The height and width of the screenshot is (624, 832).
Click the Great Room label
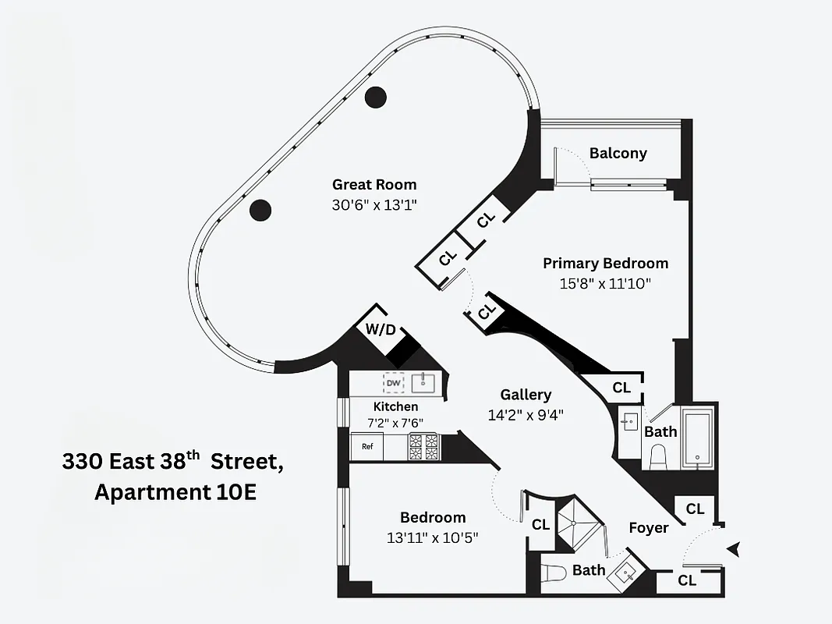click(x=374, y=185)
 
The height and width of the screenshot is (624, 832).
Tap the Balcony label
click(x=618, y=153)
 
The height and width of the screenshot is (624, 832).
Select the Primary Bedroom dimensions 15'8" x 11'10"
click(x=605, y=283)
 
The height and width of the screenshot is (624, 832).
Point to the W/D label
click(x=381, y=330)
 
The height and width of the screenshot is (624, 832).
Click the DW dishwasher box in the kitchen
click(x=394, y=383)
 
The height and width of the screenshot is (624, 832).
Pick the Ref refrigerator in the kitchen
click(x=367, y=448)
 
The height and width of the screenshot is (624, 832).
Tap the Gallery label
click(x=526, y=395)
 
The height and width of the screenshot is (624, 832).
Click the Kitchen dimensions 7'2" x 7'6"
click(x=395, y=422)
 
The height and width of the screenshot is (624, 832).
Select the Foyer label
click(x=649, y=528)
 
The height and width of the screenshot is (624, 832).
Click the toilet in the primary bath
click(x=657, y=456)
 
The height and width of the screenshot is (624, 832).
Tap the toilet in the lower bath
click(x=554, y=574)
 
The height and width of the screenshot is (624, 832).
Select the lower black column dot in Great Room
click(x=260, y=209)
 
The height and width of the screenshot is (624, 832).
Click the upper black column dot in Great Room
click(x=376, y=97)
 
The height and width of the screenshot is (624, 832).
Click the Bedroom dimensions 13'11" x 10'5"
click(x=432, y=537)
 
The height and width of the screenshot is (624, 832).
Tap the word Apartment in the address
click(x=153, y=493)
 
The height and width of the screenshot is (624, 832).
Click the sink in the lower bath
click(x=628, y=573)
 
